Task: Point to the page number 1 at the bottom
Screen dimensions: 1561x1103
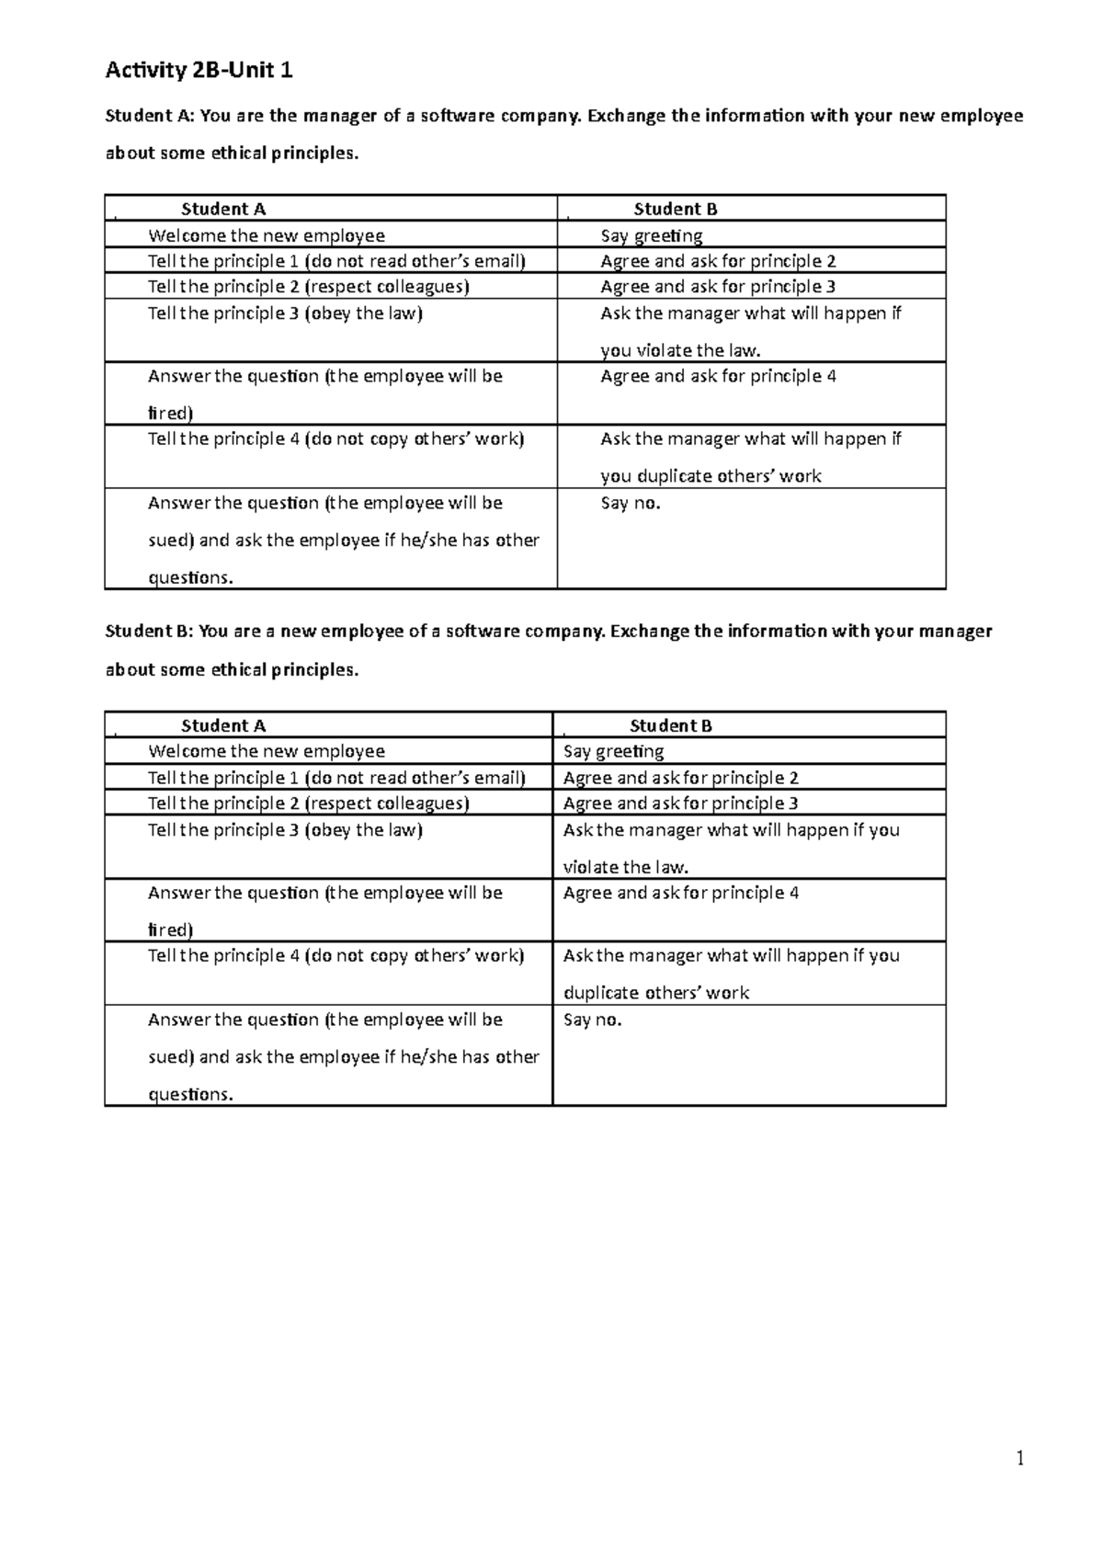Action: click(x=1019, y=1458)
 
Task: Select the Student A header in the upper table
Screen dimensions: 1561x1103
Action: click(x=223, y=210)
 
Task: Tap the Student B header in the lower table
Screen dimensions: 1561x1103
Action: click(x=670, y=726)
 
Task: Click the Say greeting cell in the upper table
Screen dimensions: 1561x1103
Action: click(x=651, y=235)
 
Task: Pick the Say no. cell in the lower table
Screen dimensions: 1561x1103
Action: click(x=592, y=1020)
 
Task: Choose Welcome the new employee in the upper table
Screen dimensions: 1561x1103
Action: click(x=267, y=235)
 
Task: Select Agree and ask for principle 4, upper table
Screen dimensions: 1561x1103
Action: click(x=718, y=376)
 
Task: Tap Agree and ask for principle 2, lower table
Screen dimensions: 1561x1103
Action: click(x=680, y=778)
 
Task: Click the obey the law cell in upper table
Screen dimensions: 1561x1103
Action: click(x=285, y=313)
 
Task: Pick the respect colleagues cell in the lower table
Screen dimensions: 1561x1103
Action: click(x=308, y=803)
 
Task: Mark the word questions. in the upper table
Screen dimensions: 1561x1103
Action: click(x=191, y=577)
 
